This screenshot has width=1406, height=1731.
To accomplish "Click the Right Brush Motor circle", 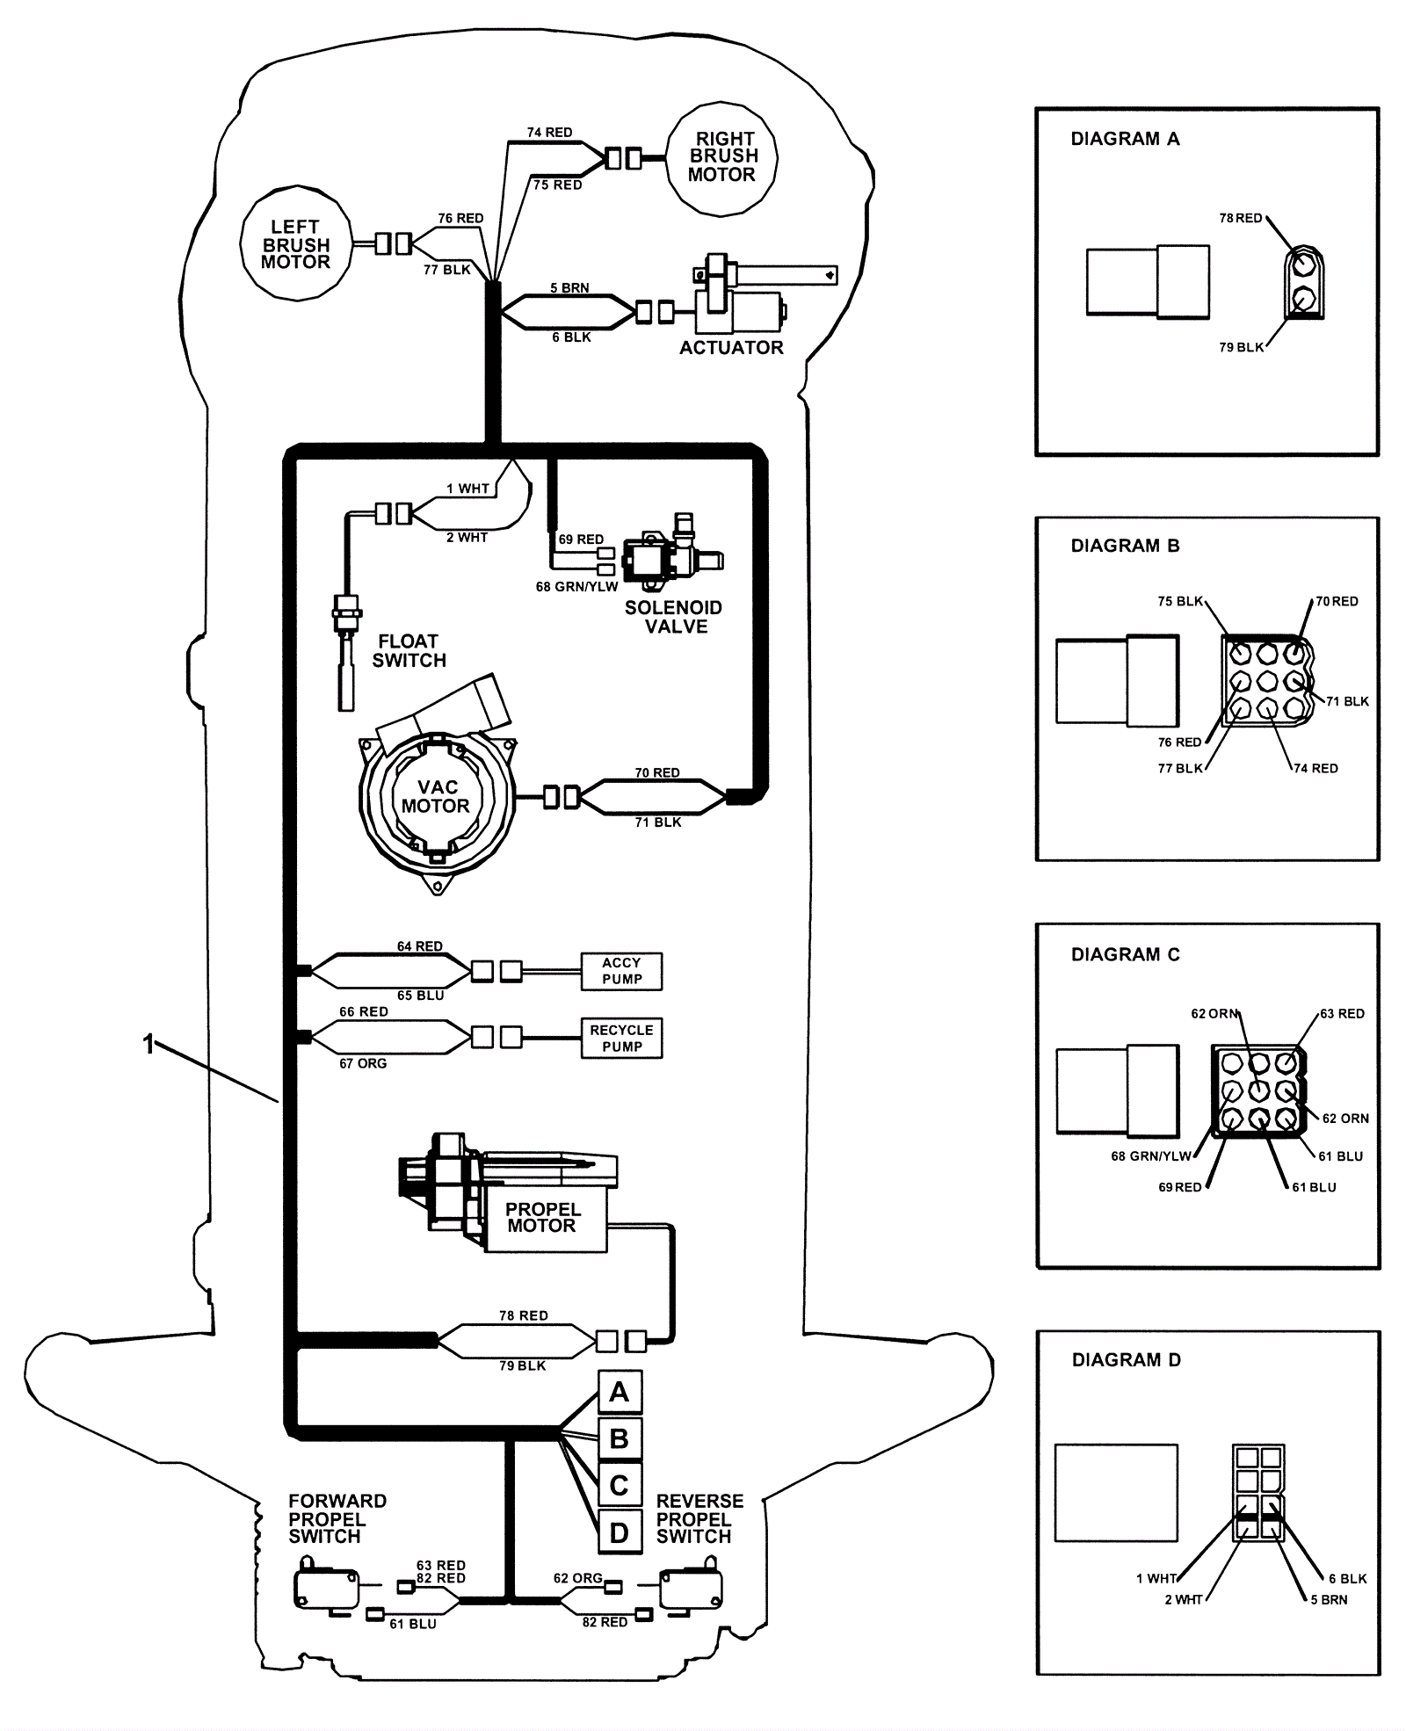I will coord(721,157).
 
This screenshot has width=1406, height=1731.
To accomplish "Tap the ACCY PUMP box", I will coord(621,971).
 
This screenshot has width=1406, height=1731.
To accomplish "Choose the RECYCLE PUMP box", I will coord(621,1038).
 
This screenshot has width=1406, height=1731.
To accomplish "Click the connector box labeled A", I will coord(620,1393).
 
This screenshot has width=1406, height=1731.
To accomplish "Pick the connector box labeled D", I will coord(620,1533).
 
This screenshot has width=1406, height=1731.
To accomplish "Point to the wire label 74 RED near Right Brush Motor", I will coord(549,133).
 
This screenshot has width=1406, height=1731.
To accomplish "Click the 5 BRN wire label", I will coord(569,288).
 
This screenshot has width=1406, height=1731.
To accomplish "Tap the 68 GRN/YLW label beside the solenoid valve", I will coord(576,587).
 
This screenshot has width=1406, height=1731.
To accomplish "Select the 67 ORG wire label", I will coord(363,1063).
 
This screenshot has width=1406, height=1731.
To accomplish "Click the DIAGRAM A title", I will coord(1125,139).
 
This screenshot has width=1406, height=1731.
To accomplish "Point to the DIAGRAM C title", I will coord(1125,954).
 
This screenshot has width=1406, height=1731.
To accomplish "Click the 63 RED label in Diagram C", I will coord(1342,1014).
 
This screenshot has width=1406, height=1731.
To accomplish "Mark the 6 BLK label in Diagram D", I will coord(1347,1579).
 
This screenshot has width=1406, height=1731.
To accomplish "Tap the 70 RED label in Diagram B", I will coord(1337,602).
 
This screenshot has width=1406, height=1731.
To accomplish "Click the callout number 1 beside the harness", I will coord(149,1044).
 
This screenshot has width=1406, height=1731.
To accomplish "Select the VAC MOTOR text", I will coord(436,796).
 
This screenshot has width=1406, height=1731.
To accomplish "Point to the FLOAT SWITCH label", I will coord(409,651).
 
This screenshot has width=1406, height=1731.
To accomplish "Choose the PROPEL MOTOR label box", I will coord(543,1218).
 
